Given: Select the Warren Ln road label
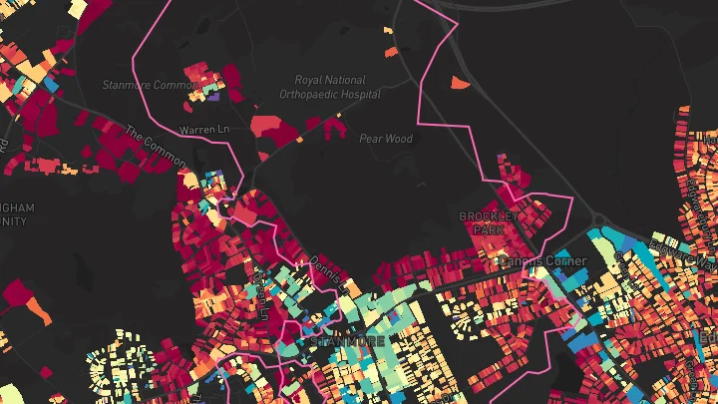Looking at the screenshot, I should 203,131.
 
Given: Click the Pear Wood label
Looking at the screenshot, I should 385,139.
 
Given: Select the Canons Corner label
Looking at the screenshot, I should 542,261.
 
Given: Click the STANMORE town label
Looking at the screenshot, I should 348,340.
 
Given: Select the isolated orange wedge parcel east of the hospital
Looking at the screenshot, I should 460,84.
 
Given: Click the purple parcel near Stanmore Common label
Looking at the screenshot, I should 214,97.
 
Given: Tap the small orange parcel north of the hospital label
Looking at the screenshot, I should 391,51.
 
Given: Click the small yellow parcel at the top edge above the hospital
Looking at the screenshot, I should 388,30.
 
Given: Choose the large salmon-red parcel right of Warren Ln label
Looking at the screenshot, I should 267,125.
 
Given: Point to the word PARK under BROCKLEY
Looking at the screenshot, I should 489,229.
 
